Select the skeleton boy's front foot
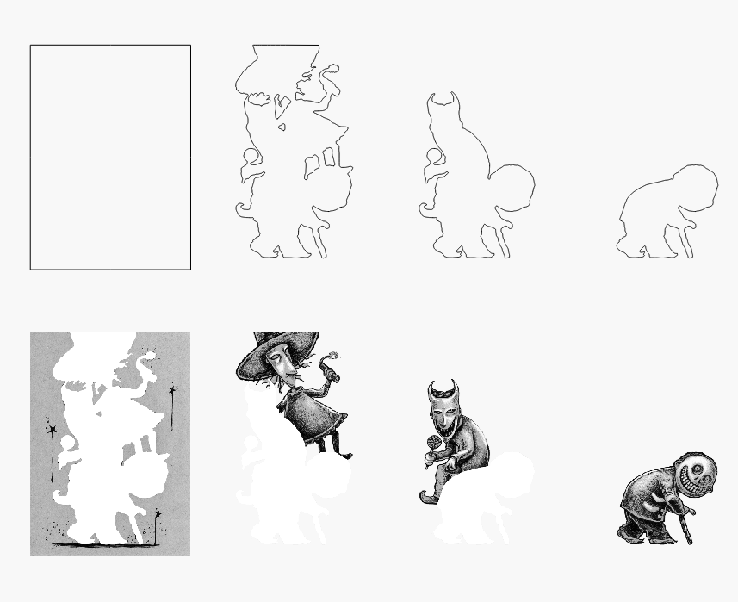point(628,536)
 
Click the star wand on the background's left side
point(52,430)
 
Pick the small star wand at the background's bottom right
point(158,517)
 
